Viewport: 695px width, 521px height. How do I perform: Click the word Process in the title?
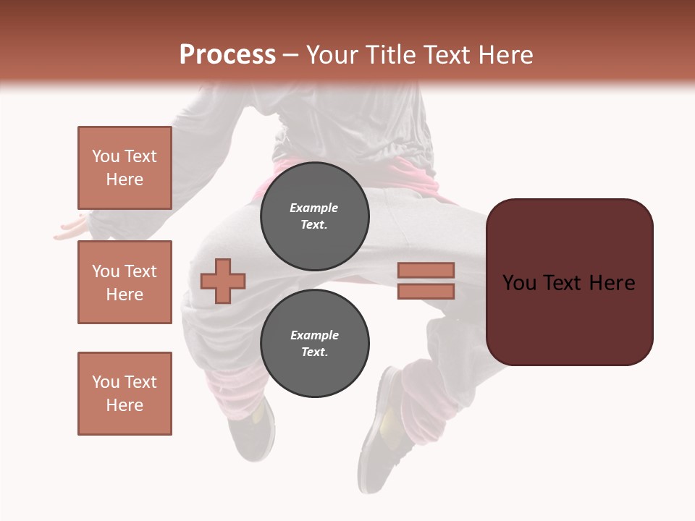pos(227,55)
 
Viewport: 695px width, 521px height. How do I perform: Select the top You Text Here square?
pos(125,168)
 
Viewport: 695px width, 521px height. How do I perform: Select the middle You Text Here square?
pos(125,282)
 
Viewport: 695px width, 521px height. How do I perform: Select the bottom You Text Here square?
pos(125,394)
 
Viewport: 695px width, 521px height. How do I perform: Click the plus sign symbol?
pos(223,281)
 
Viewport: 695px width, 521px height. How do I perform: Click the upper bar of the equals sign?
pos(426,270)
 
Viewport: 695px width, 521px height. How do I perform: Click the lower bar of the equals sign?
pos(426,292)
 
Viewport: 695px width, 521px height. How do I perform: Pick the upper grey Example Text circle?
pos(315,216)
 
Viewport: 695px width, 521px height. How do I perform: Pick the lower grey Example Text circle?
pos(315,344)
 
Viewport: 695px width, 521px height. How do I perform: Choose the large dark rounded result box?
pos(569,282)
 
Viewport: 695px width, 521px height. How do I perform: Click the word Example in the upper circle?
pos(314,208)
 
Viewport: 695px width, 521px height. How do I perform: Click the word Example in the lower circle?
pos(314,335)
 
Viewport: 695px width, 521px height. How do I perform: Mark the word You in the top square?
pos(105,156)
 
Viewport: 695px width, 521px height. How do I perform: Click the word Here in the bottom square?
pos(125,405)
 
